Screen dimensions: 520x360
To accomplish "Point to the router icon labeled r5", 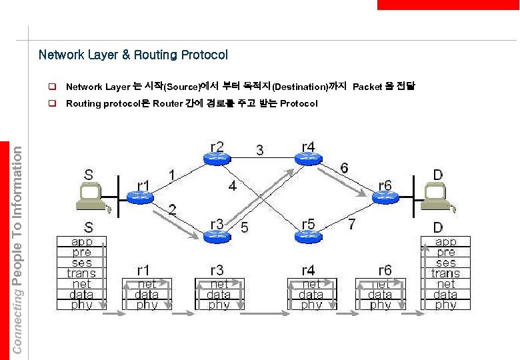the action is [x=308, y=235].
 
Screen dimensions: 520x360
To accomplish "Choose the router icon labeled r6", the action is [x=385, y=196].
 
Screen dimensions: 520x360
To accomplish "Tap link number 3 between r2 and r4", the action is [x=259, y=150].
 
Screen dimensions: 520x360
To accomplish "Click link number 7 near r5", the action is [x=351, y=223].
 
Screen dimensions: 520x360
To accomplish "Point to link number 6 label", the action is [x=343, y=168].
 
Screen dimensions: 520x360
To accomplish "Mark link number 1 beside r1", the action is [x=171, y=175].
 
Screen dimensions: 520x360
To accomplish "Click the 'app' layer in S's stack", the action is [x=81, y=242].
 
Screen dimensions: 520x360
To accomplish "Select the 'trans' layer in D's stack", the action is [x=445, y=273].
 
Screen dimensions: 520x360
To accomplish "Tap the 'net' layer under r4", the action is [x=311, y=284].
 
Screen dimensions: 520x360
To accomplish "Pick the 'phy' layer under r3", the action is [x=219, y=305].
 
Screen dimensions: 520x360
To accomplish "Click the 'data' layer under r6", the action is [x=380, y=294].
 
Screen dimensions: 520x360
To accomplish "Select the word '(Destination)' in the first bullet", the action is [x=300, y=87].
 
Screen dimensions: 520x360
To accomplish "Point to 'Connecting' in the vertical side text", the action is [x=18, y=327].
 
